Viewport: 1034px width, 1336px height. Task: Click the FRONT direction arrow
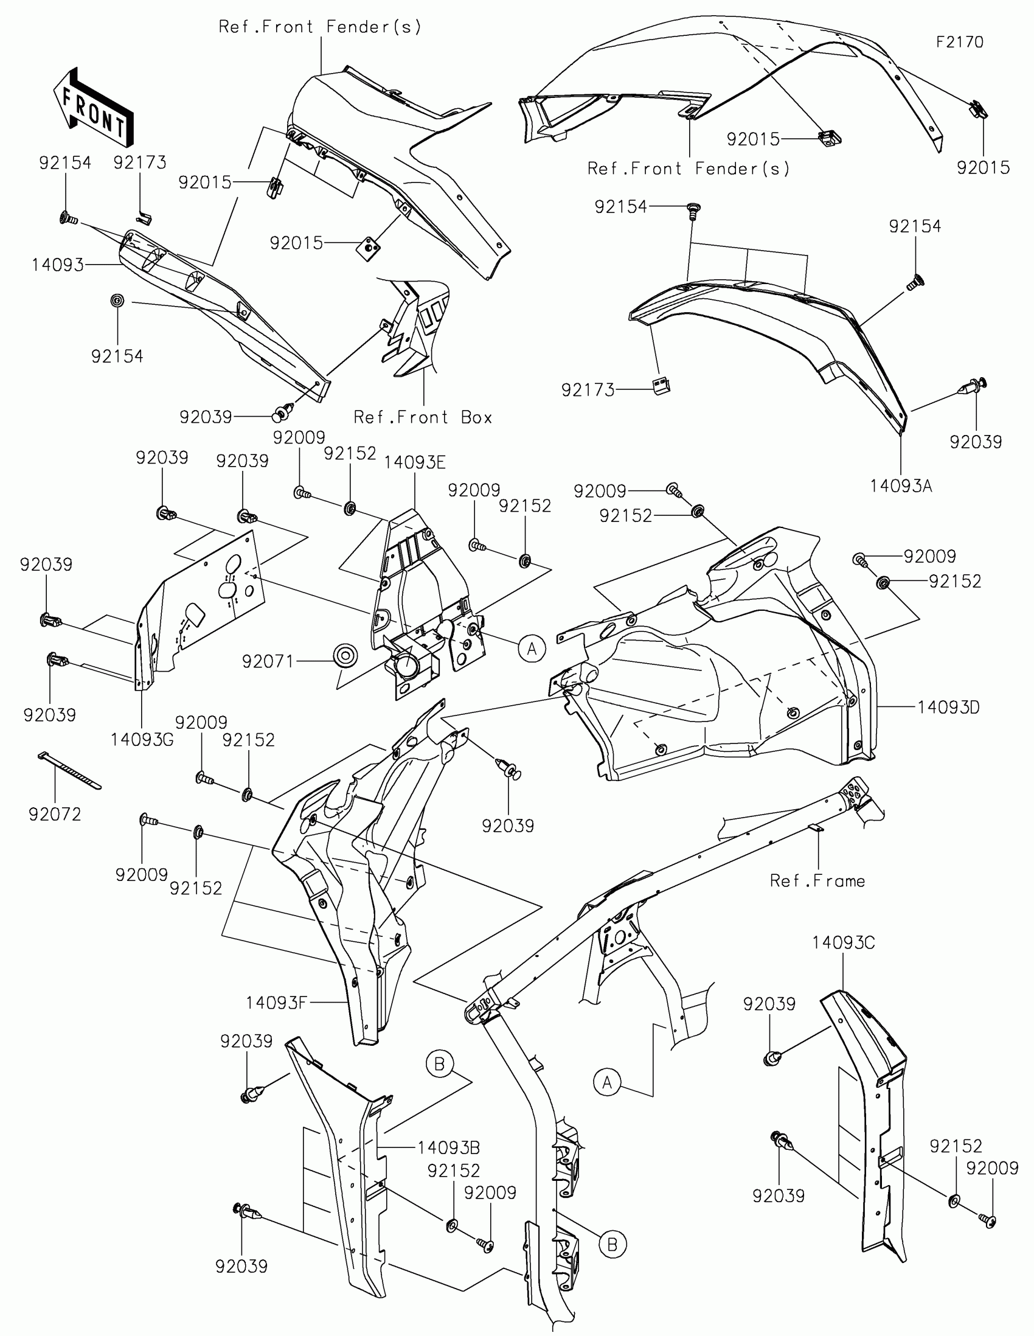[x=93, y=108]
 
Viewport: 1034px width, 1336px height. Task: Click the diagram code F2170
[x=959, y=42]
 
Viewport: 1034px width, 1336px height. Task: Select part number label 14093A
[x=901, y=486]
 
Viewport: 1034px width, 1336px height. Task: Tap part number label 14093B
[x=448, y=1147]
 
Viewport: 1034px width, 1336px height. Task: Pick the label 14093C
[x=843, y=942]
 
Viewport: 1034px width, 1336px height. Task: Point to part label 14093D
[x=948, y=708]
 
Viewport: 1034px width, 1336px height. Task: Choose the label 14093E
[x=415, y=462]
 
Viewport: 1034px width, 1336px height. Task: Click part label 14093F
[x=276, y=1003]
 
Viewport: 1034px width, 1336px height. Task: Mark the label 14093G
[x=142, y=740]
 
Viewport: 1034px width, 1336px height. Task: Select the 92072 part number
[x=54, y=814]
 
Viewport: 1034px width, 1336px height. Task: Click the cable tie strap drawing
[x=69, y=771]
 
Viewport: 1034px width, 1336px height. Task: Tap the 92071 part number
[x=268, y=661]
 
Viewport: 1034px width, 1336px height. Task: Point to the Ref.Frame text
[x=817, y=881]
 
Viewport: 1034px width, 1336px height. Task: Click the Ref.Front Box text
[x=423, y=417]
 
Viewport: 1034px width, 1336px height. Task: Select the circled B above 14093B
[x=439, y=1065]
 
